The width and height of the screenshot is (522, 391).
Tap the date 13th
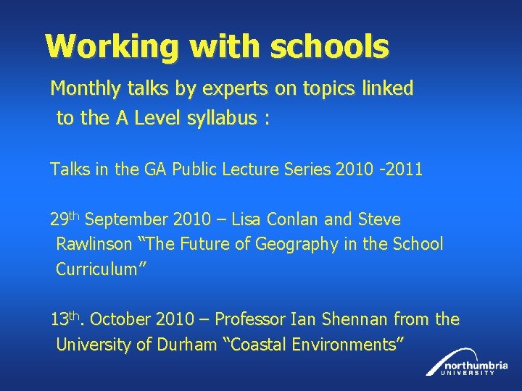point(68,319)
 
